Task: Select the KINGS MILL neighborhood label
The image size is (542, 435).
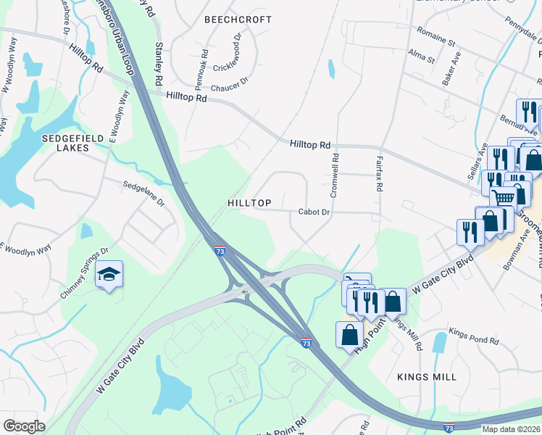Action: click(x=427, y=377)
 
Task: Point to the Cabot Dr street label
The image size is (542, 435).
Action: click(x=314, y=212)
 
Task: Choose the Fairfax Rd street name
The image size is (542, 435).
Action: click(x=379, y=172)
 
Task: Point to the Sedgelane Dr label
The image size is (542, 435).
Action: click(x=144, y=193)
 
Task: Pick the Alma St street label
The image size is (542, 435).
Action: click(x=421, y=57)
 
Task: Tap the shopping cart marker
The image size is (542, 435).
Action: click(x=504, y=196)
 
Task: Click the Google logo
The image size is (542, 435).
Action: click(x=24, y=426)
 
